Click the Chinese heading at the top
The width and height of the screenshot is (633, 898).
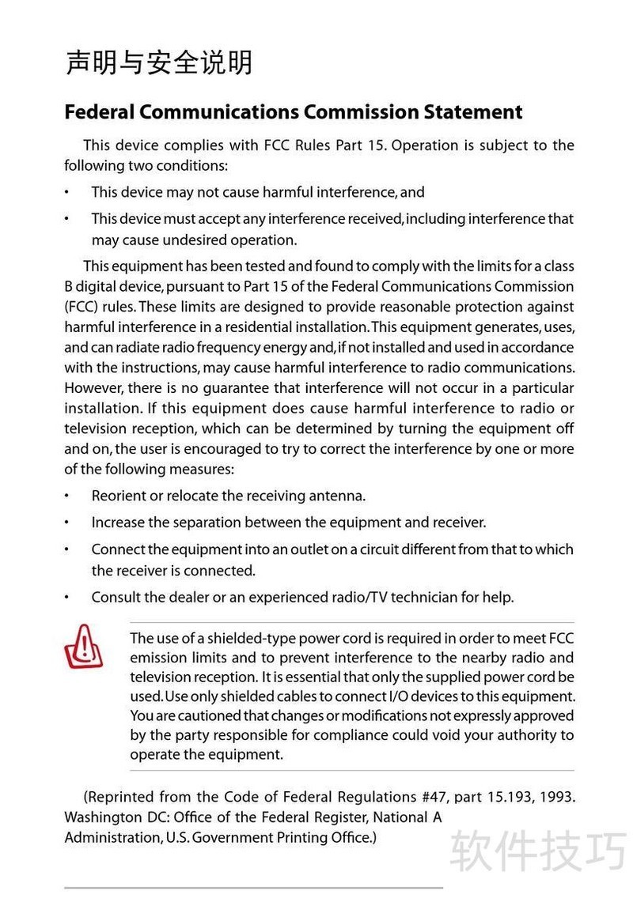[x=158, y=62]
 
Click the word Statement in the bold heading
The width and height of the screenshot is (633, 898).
[x=472, y=112]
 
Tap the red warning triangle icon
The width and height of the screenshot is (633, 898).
[x=83, y=647]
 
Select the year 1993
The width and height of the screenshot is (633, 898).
[x=557, y=797]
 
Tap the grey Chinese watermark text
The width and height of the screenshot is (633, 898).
[x=538, y=851]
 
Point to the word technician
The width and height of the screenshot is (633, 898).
[x=427, y=597]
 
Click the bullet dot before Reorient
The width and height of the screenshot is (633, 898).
[x=67, y=496]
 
